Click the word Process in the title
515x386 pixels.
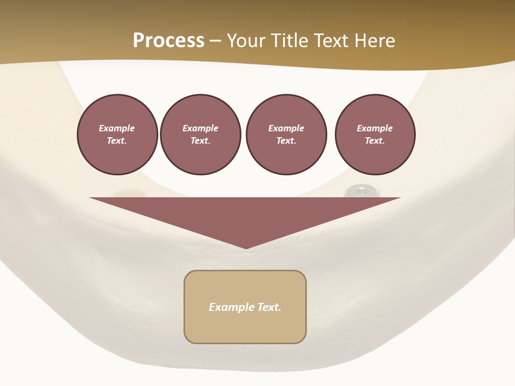(x=168, y=41)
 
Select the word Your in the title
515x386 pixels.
(x=245, y=41)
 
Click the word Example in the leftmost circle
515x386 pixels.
(x=117, y=128)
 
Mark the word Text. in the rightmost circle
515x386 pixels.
(x=375, y=140)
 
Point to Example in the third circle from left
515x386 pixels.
(x=286, y=128)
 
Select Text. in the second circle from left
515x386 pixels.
(x=201, y=140)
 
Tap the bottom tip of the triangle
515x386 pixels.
(x=246, y=247)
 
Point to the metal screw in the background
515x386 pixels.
(x=362, y=190)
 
